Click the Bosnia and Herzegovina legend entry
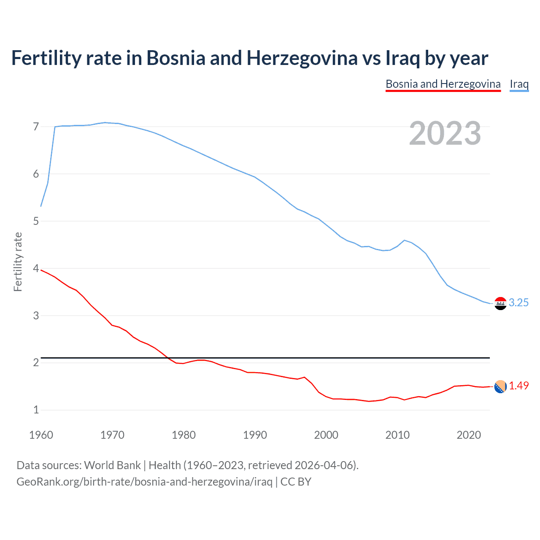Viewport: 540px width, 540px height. (443, 84)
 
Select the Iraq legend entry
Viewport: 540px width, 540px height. (519, 84)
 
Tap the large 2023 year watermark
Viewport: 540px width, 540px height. (445, 133)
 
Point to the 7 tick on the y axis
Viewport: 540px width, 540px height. (36, 127)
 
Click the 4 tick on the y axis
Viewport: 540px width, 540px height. (36, 268)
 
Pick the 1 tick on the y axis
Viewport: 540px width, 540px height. (36, 410)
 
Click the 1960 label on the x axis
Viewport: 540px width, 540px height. (41, 435)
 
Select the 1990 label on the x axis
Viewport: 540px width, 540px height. (255, 435)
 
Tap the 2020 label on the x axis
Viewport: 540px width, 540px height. (469, 435)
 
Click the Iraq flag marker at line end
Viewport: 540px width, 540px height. (500, 303)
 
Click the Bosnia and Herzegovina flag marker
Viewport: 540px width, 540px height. (500, 386)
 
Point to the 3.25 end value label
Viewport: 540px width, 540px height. (518, 302)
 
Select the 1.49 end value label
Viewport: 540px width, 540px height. (518, 386)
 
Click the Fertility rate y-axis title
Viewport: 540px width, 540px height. (18, 262)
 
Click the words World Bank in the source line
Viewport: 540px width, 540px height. (112, 465)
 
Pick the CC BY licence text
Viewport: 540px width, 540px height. (296, 481)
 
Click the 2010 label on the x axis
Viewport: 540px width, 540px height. (397, 435)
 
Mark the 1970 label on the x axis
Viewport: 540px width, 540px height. (112, 435)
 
